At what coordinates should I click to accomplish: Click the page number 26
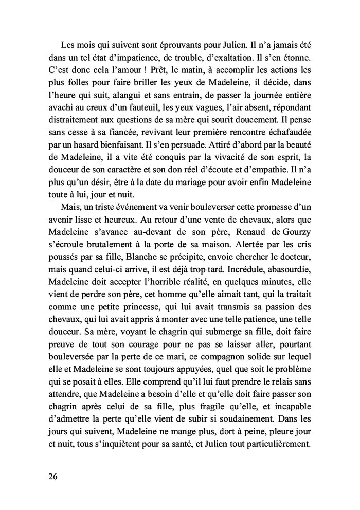click(x=51, y=476)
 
